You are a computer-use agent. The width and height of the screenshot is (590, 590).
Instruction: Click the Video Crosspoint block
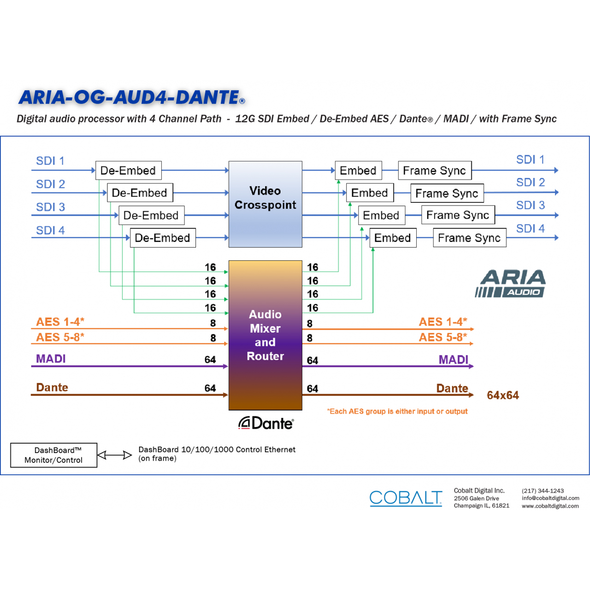[265, 204]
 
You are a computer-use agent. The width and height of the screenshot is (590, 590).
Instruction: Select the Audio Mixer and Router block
[265, 335]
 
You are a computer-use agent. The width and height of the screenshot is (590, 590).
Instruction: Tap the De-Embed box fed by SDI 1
[129, 170]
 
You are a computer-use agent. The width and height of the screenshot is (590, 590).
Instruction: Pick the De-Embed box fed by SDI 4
[163, 237]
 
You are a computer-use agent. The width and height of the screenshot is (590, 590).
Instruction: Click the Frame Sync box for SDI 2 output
[447, 193]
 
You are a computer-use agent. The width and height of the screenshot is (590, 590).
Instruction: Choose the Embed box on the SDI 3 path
[382, 215]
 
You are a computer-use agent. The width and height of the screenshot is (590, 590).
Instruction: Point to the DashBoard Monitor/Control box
[53, 455]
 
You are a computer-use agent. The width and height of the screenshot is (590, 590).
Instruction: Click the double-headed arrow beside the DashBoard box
[114, 455]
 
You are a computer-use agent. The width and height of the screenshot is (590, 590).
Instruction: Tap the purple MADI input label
[51, 359]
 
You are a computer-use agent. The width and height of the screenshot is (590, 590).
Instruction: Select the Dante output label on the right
[452, 388]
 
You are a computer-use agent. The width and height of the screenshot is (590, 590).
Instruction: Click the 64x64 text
[503, 395]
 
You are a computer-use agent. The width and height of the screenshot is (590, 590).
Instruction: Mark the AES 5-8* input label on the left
[60, 337]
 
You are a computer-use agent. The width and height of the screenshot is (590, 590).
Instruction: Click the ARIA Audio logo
[510, 283]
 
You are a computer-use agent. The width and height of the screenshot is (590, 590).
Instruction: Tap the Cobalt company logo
[406, 498]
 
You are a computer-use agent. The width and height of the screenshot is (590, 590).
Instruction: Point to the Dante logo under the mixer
[266, 423]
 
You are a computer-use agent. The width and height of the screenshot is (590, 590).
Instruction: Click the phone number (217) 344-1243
[543, 491]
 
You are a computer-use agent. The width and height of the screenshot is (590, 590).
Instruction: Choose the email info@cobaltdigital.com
[550, 498]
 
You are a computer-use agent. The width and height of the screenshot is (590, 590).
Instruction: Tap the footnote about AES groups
[397, 411]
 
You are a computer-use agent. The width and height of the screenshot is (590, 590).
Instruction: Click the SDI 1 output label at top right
[530, 159]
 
